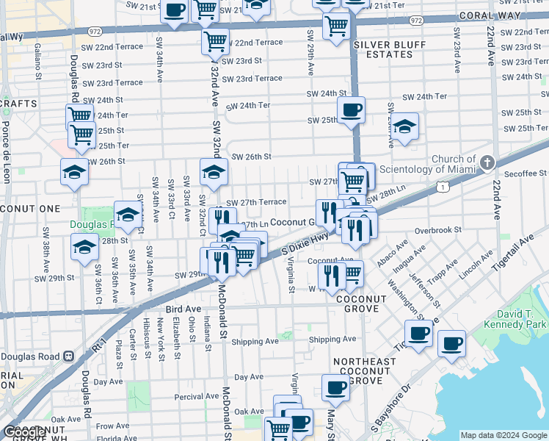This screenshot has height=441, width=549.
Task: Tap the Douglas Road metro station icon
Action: point(68,356)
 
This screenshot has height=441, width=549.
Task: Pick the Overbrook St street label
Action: point(437,229)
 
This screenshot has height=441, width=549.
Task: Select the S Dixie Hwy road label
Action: point(306,243)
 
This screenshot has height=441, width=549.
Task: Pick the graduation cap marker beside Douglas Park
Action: point(128,215)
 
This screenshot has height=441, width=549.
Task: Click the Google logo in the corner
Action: point(25,432)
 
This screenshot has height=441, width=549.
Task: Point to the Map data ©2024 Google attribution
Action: point(503,435)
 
